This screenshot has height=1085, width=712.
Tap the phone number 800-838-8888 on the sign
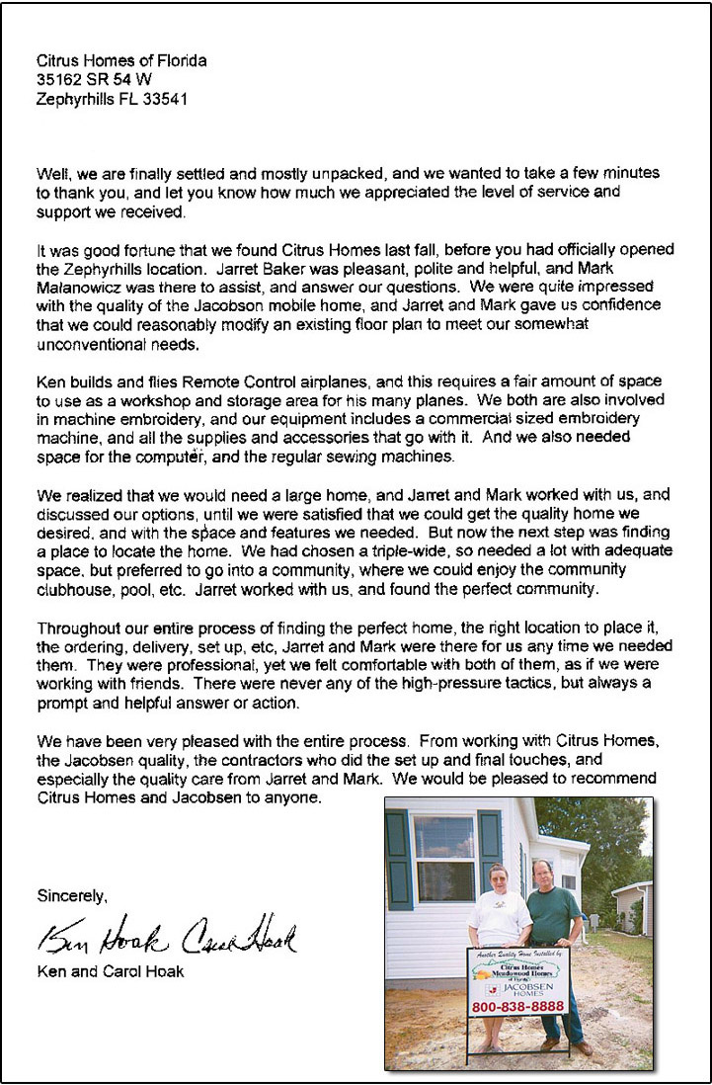518,1006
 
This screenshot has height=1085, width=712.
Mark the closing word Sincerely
72,896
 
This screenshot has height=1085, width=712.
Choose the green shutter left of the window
399,858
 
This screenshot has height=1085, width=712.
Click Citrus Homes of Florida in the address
121,61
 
